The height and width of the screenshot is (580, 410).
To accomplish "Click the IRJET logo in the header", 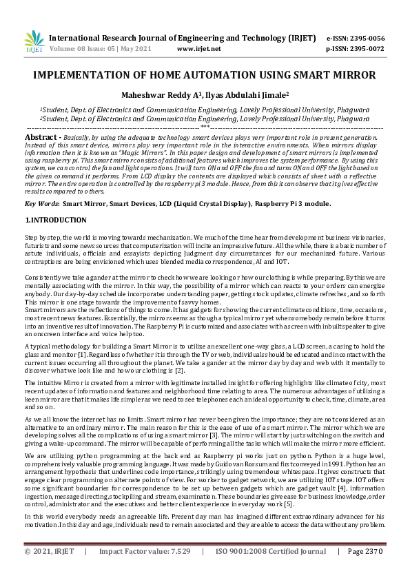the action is click(33, 42).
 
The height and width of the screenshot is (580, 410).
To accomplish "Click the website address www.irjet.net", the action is click(199, 50).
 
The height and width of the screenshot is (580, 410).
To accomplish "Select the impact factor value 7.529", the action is click(177, 571).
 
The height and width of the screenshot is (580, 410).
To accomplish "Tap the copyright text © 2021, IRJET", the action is click(50, 571).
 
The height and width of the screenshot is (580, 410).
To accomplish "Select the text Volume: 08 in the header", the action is click(70, 50).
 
